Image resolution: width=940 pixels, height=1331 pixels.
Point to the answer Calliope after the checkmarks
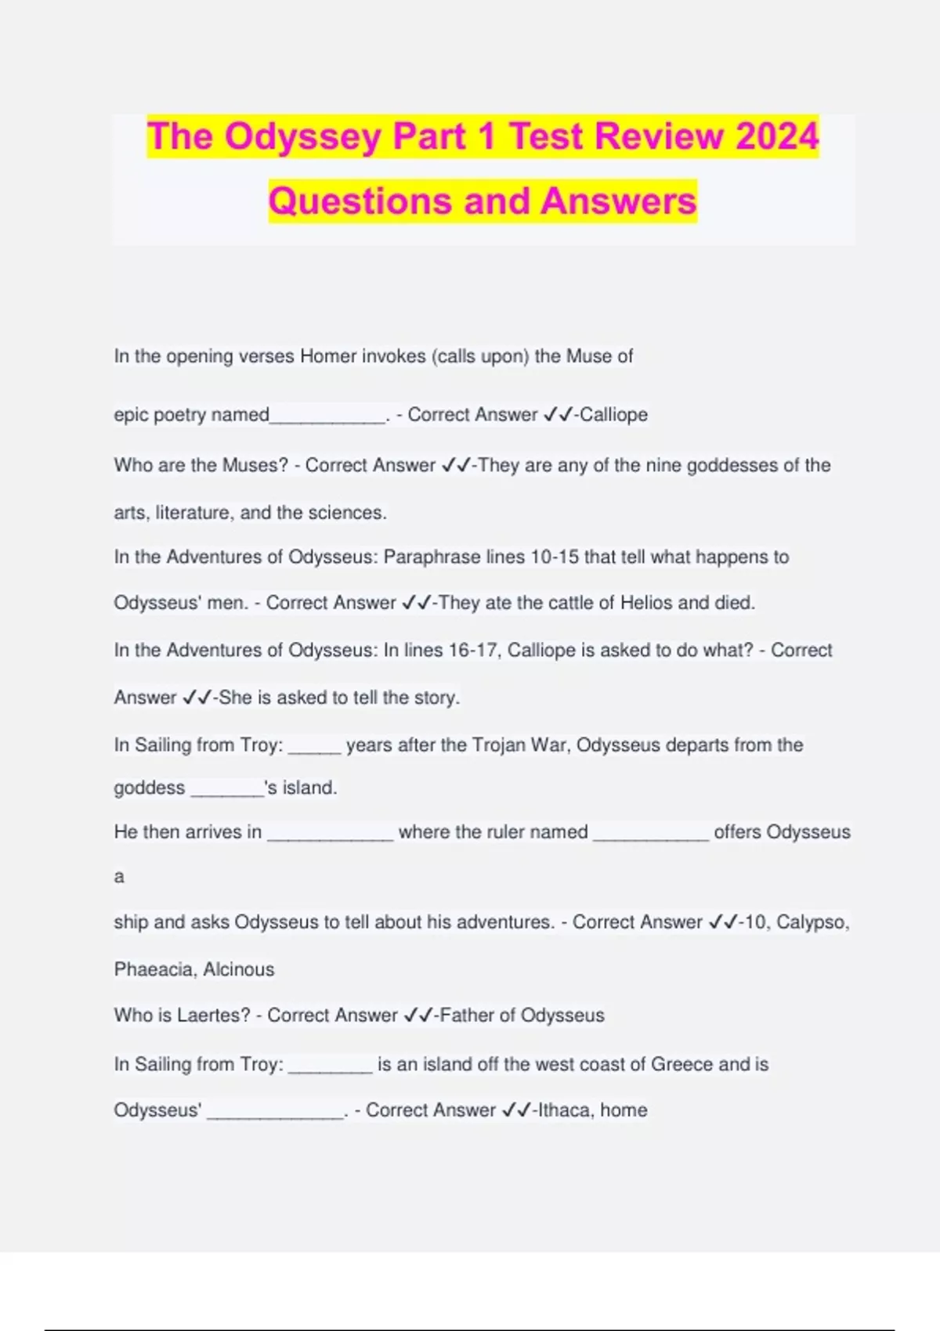pos(613,414)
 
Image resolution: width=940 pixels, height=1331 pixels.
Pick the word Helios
pos(646,603)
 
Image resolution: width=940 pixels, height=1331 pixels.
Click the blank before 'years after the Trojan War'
pos(314,748)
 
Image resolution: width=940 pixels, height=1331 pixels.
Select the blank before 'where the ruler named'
pos(330,835)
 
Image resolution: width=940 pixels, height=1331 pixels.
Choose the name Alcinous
pos(239,969)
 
